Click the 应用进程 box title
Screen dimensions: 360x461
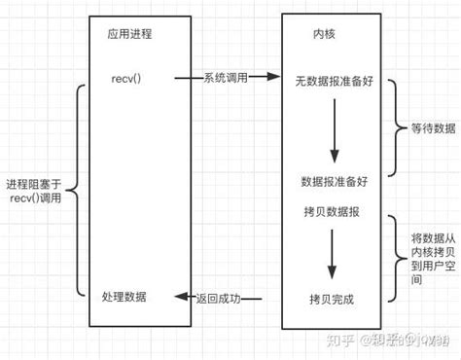(x=129, y=34)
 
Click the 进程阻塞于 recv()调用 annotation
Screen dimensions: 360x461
(x=37, y=191)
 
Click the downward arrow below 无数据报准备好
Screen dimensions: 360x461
(x=334, y=131)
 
